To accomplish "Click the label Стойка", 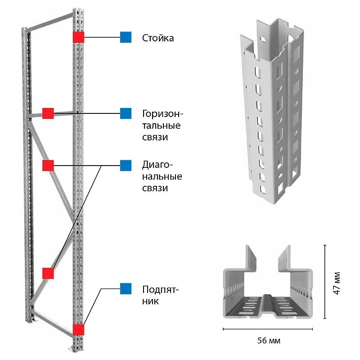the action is [158, 38].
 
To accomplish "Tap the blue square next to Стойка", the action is [126, 37].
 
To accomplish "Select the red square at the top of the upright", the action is [78, 37].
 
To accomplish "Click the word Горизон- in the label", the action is [162, 114].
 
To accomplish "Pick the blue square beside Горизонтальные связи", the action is [126, 113].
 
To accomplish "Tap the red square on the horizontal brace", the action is [48, 113].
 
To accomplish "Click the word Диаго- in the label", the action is [157, 165].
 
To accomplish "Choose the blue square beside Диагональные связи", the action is [126, 166].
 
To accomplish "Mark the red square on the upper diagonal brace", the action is [48, 166].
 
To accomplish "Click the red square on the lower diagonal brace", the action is [48, 273].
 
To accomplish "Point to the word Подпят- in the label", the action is [160, 289].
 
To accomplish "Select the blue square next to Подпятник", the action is [126, 288].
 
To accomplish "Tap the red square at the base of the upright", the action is [78, 329].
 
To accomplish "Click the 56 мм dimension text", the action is [269, 340].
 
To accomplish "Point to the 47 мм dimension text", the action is [337, 283].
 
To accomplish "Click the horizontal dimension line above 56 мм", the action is [268, 329].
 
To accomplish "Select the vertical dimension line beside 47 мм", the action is [324, 282].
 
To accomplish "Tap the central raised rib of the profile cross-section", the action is [268, 303].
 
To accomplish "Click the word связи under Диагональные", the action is [155, 189].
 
